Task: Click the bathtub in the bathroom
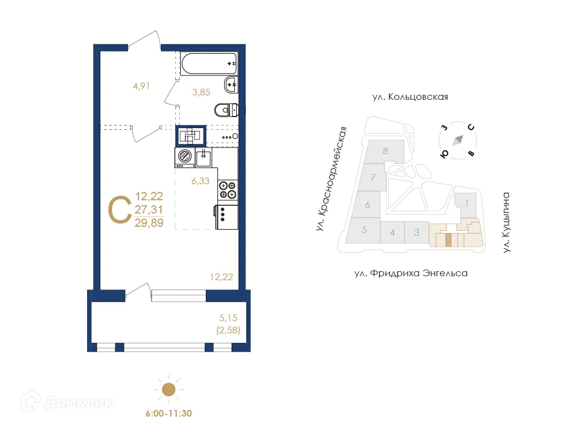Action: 209,64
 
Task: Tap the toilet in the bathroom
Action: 226,110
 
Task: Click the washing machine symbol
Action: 184,158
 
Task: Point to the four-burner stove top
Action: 227,190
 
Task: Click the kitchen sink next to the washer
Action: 203,158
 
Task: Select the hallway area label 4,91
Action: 141,86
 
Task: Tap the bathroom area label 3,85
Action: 201,93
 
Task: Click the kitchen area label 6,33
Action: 200,180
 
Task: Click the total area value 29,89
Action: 149,223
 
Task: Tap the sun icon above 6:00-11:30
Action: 168,390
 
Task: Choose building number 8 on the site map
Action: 385,150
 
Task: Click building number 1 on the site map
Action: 467,204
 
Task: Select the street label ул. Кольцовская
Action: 410,97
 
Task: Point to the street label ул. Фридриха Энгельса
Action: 411,273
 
